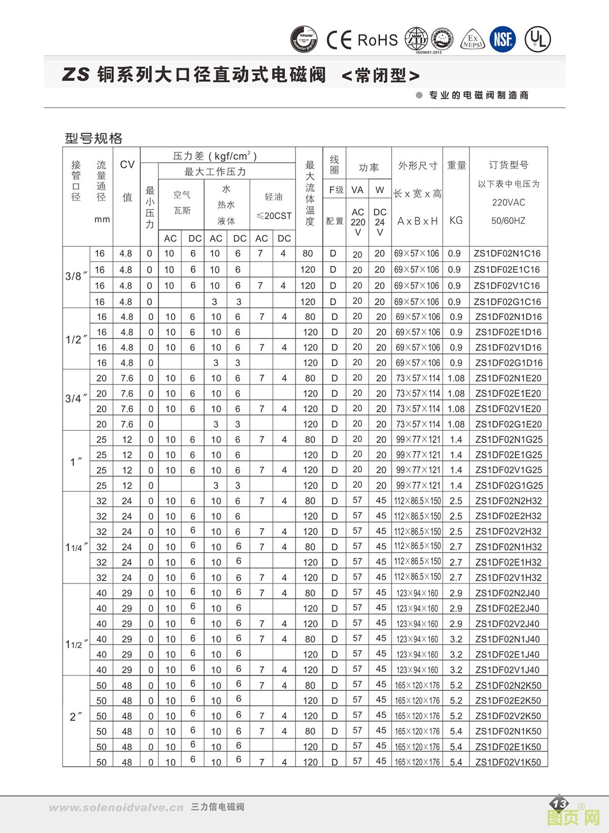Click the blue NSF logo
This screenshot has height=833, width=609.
click(x=502, y=39)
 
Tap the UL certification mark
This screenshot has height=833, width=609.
click(x=537, y=39)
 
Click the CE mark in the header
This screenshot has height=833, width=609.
click(x=339, y=40)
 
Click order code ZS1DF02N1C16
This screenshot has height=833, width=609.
click(x=507, y=253)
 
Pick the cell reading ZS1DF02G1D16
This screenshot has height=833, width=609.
click(x=509, y=363)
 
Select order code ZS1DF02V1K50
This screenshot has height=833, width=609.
click(x=508, y=762)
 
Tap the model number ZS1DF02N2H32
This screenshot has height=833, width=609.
click(x=509, y=501)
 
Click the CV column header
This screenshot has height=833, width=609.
click(x=127, y=165)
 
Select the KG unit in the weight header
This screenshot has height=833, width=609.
click(x=456, y=220)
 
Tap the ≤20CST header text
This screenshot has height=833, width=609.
click(x=274, y=216)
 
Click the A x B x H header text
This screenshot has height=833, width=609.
click(x=417, y=221)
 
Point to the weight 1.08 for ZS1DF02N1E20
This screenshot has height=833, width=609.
click(x=456, y=378)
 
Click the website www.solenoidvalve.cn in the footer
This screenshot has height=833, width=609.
click(x=116, y=808)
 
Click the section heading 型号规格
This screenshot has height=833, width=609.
click(x=94, y=138)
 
